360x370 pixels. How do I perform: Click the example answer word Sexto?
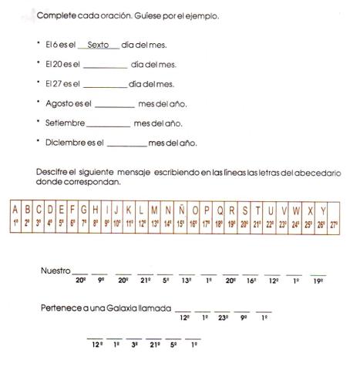pyautogui.click(x=98, y=45)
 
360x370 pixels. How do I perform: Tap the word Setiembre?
pyautogui.click(x=64, y=123)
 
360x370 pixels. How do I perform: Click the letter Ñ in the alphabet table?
pyautogui.click(x=180, y=209)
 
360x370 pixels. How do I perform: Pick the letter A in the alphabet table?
pyautogui.click(x=15, y=209)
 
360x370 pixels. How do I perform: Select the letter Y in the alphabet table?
pyautogui.click(x=322, y=209)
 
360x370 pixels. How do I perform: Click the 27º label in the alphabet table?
pyautogui.click(x=334, y=224)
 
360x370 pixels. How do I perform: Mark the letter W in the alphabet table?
pyautogui.click(x=296, y=209)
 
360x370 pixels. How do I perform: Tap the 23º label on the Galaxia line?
pyautogui.click(x=223, y=317)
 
